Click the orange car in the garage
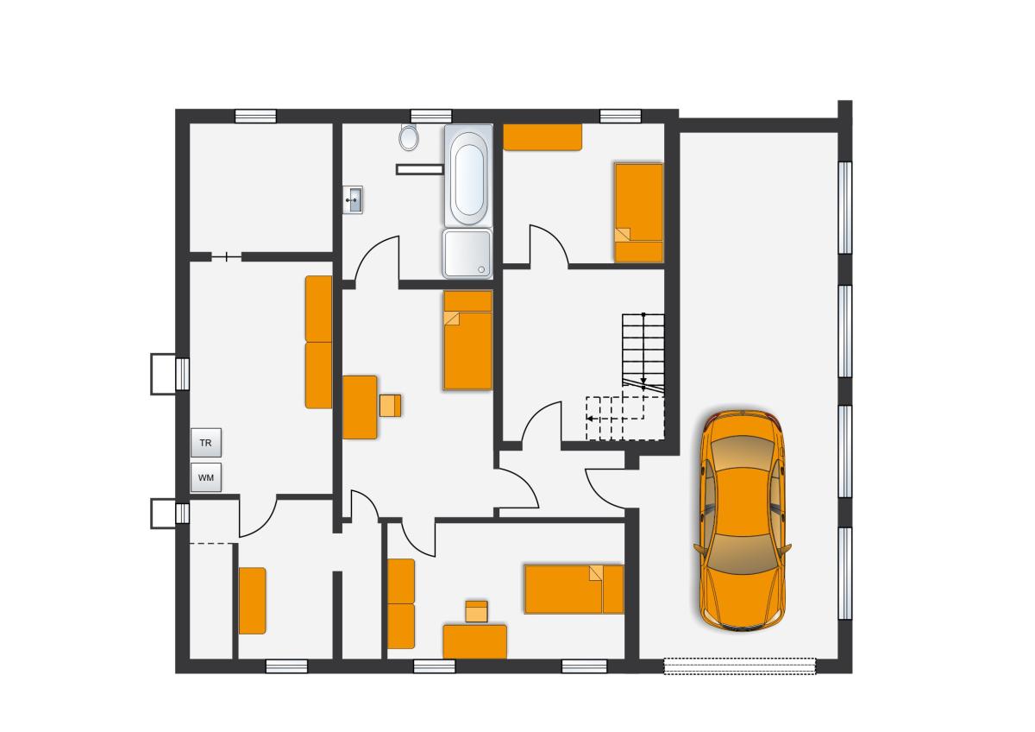[742, 521]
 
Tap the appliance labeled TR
[206, 443]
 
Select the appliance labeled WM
[206, 477]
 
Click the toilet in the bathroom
[409, 137]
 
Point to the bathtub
[468, 175]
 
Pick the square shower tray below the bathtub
[467, 254]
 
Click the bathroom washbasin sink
[353, 199]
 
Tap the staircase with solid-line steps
[643, 354]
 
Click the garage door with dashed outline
[740, 666]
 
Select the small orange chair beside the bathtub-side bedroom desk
[391, 406]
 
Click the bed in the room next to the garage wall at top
[639, 212]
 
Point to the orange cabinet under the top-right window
[543, 137]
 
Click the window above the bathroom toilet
[431, 116]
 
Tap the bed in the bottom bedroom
[574, 589]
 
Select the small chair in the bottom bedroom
[476, 611]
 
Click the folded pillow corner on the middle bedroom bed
[451, 319]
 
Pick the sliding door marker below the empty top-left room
[226, 257]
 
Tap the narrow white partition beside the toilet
[420, 170]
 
